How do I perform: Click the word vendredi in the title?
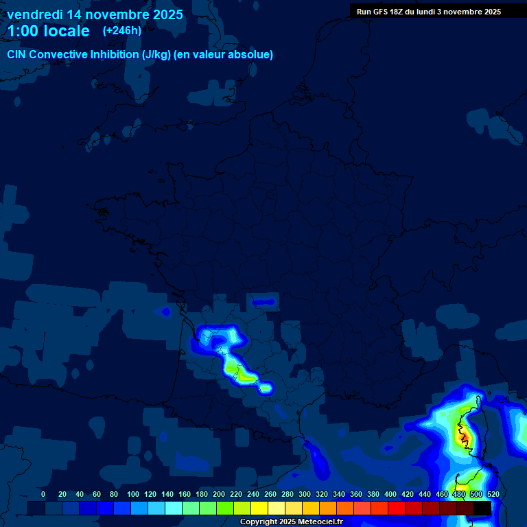click(x=34, y=14)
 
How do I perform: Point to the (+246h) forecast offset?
click(x=121, y=31)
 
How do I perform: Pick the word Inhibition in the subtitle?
click(x=115, y=55)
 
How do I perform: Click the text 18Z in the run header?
click(x=394, y=12)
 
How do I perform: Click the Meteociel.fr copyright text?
click(x=291, y=522)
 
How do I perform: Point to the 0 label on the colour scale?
click(x=43, y=494)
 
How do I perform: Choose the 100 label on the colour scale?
click(x=133, y=494)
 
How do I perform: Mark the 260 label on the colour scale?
click(x=270, y=494)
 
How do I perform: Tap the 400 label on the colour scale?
click(x=390, y=494)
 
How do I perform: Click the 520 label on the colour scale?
click(x=493, y=494)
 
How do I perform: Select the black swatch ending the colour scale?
click(x=482, y=508)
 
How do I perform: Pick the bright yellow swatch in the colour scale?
click(x=259, y=508)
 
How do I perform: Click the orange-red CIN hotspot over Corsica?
click(x=463, y=435)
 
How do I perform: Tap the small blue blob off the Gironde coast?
click(x=165, y=312)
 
